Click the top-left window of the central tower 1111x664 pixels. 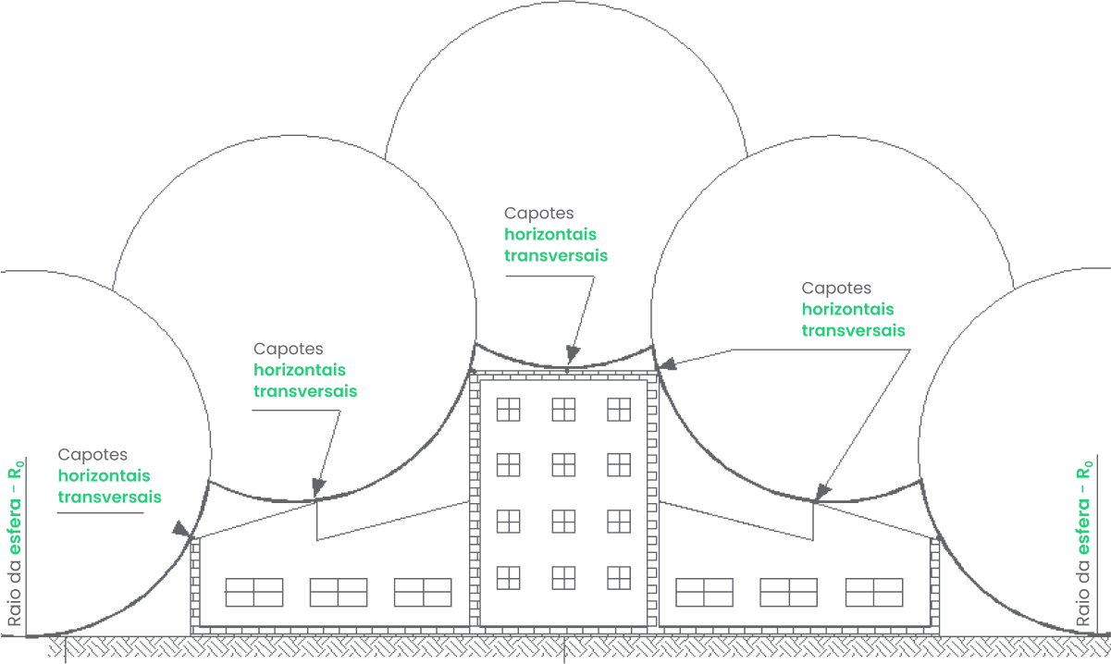coord(508,409)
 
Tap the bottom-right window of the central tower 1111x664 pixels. coord(619,578)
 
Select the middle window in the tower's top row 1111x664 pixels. coord(564,409)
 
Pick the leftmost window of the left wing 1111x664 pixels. coord(254,592)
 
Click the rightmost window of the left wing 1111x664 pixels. coord(423,592)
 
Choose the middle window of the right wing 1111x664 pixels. coord(789,592)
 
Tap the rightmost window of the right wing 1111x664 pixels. coord(874,592)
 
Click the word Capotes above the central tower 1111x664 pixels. coord(539,214)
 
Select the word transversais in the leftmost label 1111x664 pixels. coord(109,497)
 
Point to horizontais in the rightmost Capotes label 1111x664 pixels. coord(847,309)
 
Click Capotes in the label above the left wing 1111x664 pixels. coord(289,350)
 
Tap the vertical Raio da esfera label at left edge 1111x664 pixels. coord(15,546)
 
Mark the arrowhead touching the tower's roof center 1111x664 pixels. coord(573,354)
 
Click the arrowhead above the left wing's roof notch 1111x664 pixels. coord(318,486)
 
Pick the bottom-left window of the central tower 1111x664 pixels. coord(508,578)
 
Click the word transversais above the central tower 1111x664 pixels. coord(556,255)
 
